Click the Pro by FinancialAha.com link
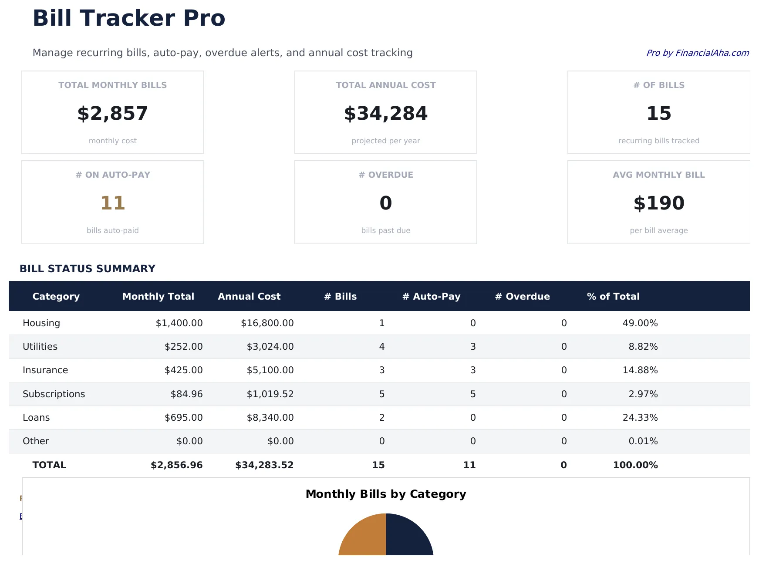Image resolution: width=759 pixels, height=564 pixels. pos(697,53)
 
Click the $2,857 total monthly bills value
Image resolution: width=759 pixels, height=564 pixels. pos(113,113)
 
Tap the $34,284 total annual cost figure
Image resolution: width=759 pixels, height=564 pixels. pos(385,113)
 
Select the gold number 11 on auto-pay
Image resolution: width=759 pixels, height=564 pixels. pos(113,203)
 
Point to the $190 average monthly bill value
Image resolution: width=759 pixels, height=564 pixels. pos(658,203)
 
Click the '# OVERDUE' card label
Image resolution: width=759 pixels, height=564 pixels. pos(385,175)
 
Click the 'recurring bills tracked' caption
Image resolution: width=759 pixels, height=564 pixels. pos(658,141)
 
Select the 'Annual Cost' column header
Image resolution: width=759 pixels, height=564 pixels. pos(249,296)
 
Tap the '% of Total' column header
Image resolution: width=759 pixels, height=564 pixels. pos(613,296)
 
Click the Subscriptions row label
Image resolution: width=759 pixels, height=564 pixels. pos(54,394)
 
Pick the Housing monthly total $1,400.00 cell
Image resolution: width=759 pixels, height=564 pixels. pos(179,323)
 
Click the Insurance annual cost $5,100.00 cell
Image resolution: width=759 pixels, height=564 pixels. pos(270,370)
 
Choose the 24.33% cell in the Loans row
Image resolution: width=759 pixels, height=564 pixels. pos(640,417)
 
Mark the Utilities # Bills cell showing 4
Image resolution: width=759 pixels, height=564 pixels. pos(381,347)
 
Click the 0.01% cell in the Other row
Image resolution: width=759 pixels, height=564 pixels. pos(643,441)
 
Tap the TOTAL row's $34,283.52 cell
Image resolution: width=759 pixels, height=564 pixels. pos(264,465)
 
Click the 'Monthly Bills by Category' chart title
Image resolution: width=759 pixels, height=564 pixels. pos(385,494)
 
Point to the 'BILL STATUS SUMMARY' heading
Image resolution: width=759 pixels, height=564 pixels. pos(87,269)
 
